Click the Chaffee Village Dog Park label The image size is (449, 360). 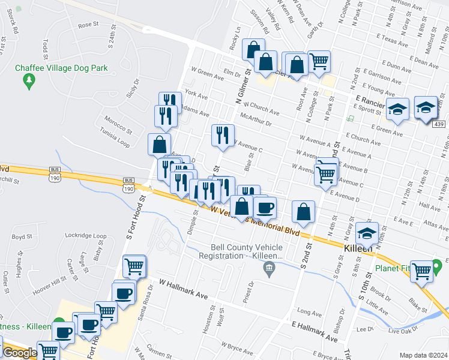[x=62, y=68]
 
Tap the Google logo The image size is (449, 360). [x=20, y=352]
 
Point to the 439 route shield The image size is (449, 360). [x=438, y=124]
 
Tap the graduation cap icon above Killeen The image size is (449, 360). [x=367, y=233]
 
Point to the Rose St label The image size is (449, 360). [x=88, y=25]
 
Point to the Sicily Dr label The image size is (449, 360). [x=131, y=88]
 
